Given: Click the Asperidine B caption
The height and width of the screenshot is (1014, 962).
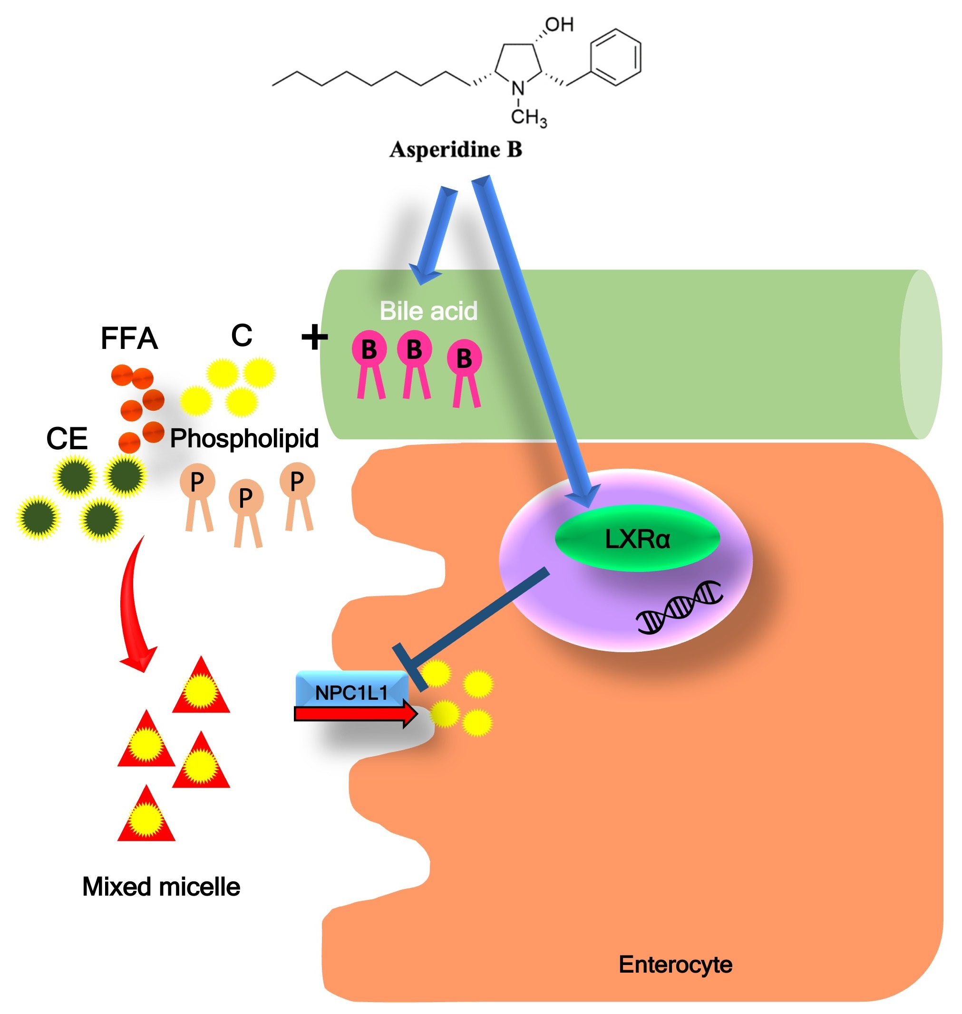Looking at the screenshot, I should tap(456, 150).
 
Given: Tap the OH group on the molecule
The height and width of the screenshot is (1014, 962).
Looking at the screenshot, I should tap(559, 24).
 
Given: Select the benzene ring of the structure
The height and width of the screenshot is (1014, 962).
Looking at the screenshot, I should tap(615, 57).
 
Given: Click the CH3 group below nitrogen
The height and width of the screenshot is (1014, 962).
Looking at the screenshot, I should tap(528, 117).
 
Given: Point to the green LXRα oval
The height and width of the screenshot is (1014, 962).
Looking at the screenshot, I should tap(637, 539).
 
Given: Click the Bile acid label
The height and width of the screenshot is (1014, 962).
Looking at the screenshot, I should tap(428, 310).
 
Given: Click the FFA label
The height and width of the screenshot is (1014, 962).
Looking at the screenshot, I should tap(129, 338).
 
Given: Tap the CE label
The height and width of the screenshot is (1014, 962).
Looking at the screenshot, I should tap(67, 439).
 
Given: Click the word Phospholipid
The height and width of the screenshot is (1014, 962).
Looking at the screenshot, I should tap(244, 439).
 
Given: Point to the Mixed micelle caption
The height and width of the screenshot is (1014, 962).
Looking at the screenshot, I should tap(161, 886).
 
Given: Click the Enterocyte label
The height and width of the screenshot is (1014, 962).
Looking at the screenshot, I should tap(675, 964).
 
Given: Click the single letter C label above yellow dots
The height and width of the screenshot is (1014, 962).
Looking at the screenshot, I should tap(242, 335).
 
